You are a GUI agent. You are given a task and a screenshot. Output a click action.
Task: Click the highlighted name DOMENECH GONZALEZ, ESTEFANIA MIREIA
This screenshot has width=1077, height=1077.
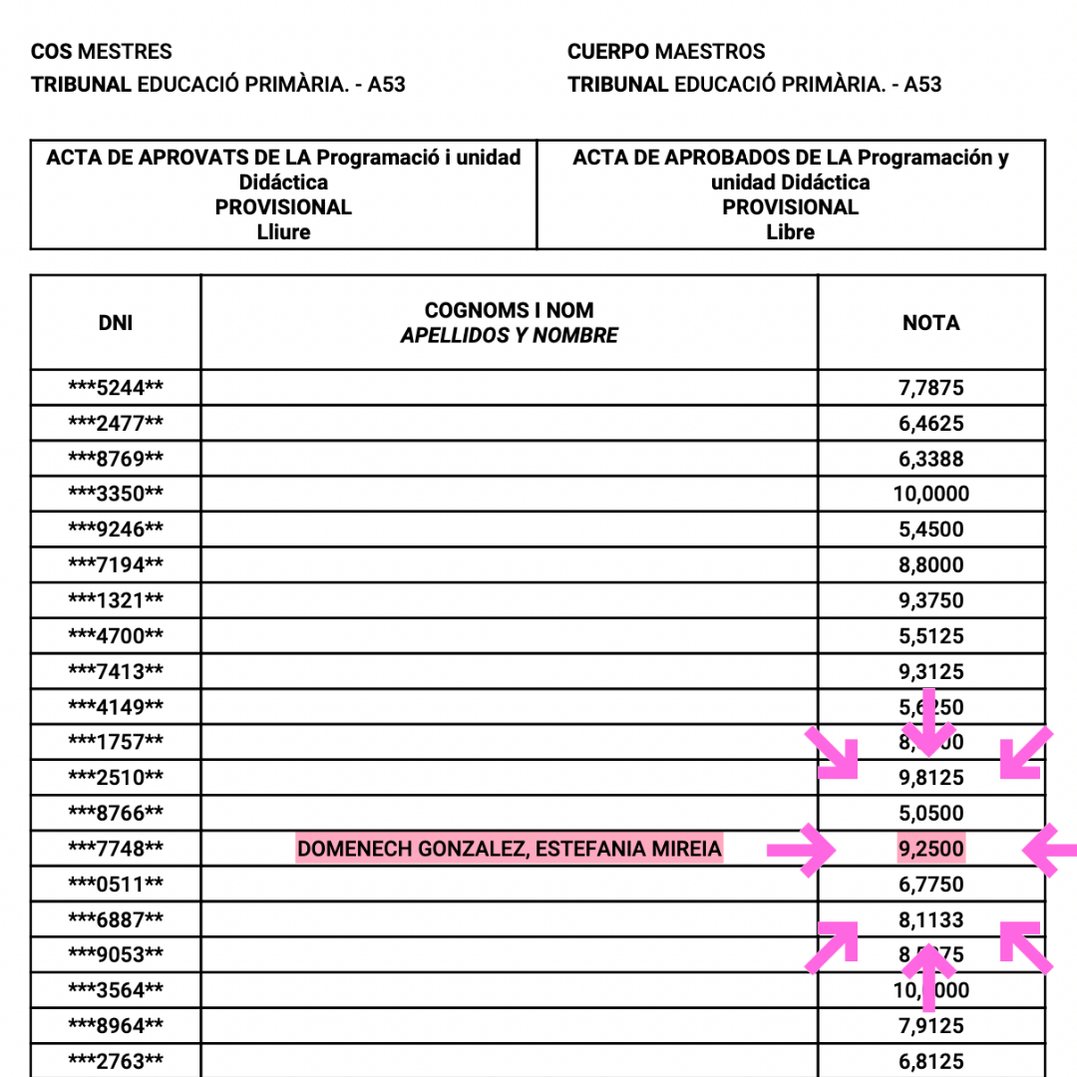(510, 850)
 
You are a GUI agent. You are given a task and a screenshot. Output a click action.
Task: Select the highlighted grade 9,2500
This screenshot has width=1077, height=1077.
(931, 850)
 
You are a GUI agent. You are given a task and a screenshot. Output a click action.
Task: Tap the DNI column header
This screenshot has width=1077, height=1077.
(116, 322)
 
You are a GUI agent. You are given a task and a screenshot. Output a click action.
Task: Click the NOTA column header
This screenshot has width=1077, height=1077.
(931, 322)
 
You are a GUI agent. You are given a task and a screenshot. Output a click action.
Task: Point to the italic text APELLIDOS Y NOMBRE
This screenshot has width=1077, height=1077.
(510, 336)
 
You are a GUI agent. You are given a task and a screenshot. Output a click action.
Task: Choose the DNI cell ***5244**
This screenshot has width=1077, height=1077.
(116, 388)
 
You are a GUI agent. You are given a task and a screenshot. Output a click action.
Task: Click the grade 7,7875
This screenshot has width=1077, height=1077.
(931, 388)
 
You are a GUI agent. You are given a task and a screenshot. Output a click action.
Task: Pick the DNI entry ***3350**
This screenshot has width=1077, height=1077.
(116, 494)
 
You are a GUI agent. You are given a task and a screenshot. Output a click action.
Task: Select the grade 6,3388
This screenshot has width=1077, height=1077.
(931, 459)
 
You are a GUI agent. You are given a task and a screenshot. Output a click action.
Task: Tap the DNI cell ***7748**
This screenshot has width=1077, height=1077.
(116, 850)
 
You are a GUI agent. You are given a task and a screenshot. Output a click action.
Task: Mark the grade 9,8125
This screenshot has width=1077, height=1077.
(931, 778)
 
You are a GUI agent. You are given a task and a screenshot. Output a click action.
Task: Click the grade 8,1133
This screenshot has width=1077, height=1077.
(931, 919)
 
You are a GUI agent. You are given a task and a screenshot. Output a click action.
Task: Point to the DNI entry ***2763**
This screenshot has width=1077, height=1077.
(116, 1061)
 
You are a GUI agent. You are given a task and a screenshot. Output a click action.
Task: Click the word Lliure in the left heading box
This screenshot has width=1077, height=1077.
(283, 232)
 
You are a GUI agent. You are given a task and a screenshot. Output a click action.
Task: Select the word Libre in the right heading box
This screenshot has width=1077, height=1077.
(791, 232)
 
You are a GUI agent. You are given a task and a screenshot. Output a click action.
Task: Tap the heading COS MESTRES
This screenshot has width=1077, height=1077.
(102, 52)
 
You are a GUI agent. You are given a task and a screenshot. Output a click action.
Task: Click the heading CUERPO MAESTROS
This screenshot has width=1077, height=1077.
(666, 52)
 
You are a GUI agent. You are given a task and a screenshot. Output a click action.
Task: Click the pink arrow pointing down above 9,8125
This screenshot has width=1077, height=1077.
(929, 722)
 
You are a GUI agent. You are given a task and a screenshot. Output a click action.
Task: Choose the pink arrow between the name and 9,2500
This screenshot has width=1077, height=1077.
(804, 851)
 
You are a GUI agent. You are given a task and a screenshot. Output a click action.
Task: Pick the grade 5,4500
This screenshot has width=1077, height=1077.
(931, 530)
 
